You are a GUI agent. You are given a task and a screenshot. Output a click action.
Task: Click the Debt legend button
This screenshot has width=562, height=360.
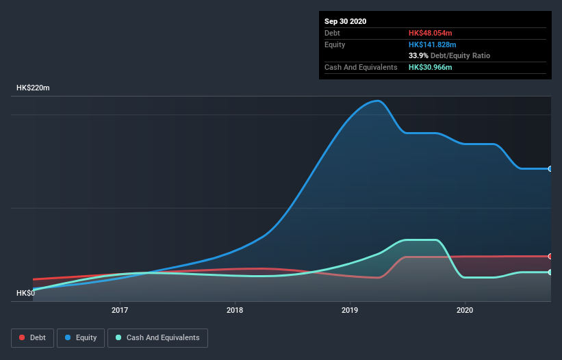(31, 337)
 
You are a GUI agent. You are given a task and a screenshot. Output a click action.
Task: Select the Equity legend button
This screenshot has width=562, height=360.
(81, 337)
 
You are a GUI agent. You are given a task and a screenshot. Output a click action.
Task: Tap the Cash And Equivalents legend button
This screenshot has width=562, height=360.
(157, 337)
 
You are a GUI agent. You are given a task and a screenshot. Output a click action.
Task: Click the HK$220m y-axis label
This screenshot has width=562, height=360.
(33, 88)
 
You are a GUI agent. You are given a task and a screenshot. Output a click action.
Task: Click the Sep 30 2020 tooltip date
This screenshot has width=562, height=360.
(345, 21)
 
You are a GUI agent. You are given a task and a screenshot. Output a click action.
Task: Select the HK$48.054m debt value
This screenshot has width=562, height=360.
(430, 33)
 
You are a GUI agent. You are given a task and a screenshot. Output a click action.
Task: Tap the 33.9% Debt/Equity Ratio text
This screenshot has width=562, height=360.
(449, 55)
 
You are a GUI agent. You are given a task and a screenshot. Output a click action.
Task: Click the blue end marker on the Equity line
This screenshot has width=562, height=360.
(550, 168)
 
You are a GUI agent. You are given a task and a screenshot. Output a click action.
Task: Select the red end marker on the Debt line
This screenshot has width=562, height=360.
(550, 256)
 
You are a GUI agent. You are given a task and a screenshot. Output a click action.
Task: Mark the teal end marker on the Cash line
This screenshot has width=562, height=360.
(550, 272)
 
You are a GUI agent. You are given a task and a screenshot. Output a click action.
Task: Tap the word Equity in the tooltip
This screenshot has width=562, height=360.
(335, 44)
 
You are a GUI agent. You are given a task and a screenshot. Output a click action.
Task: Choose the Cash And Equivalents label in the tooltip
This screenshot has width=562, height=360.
(360, 67)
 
